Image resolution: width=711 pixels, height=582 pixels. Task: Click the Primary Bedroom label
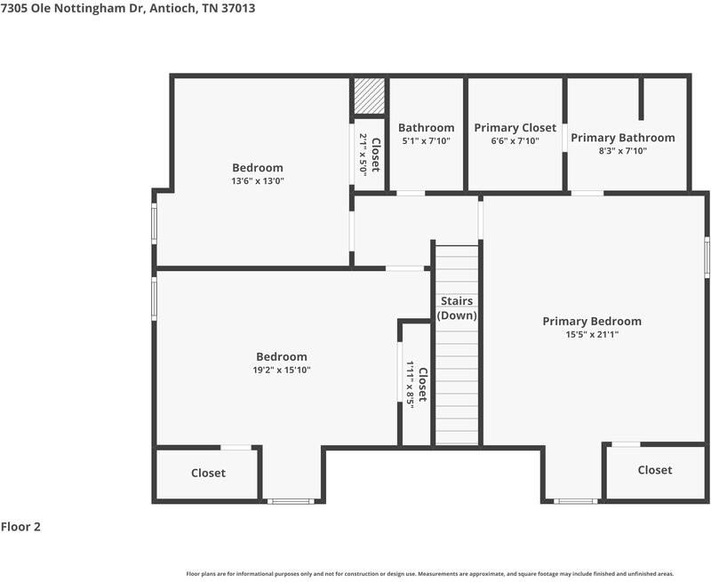[592, 322]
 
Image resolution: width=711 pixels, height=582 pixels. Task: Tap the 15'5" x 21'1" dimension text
[592, 334]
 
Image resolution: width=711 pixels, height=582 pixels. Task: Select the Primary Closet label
[515, 128]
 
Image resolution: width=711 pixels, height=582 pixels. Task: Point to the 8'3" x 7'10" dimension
[623, 150]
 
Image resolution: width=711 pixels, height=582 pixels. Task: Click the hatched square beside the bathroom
[369, 96]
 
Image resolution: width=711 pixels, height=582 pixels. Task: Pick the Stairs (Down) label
[457, 308]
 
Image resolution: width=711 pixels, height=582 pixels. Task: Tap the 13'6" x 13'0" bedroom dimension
[258, 181]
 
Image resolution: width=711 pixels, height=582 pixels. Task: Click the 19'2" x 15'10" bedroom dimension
[282, 370]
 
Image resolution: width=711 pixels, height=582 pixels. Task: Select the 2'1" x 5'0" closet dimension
[363, 155]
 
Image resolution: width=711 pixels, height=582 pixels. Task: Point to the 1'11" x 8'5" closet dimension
[410, 385]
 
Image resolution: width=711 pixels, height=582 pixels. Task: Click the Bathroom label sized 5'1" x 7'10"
[427, 128]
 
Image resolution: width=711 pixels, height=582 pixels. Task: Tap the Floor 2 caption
[20, 527]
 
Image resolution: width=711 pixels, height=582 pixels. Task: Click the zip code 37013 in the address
[238, 8]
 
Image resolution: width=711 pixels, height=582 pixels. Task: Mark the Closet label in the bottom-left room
[208, 474]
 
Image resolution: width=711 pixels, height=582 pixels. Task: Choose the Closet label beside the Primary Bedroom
[655, 470]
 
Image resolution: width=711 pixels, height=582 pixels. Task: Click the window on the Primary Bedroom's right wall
[707, 257]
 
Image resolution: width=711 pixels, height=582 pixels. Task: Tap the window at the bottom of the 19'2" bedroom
[291, 501]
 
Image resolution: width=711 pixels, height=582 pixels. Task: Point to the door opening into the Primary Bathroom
[587, 194]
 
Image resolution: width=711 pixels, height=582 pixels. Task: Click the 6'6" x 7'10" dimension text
[515, 141]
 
